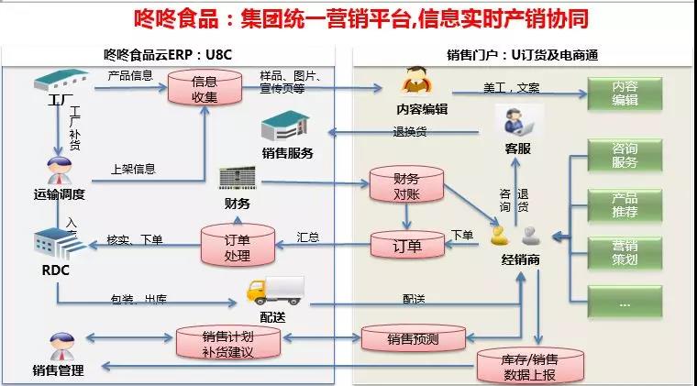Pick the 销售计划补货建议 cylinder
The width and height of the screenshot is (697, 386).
[227, 341]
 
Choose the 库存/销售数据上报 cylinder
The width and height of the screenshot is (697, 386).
[530, 365]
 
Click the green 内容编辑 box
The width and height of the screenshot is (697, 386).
[625, 94]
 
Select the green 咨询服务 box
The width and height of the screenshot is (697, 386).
[625, 157]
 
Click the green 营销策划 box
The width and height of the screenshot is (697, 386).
[625, 253]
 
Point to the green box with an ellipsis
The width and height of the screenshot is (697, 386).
[625, 301]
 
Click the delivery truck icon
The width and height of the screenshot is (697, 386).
[275, 290]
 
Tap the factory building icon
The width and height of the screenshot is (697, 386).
[61, 83]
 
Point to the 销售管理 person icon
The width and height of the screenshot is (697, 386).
[59, 348]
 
